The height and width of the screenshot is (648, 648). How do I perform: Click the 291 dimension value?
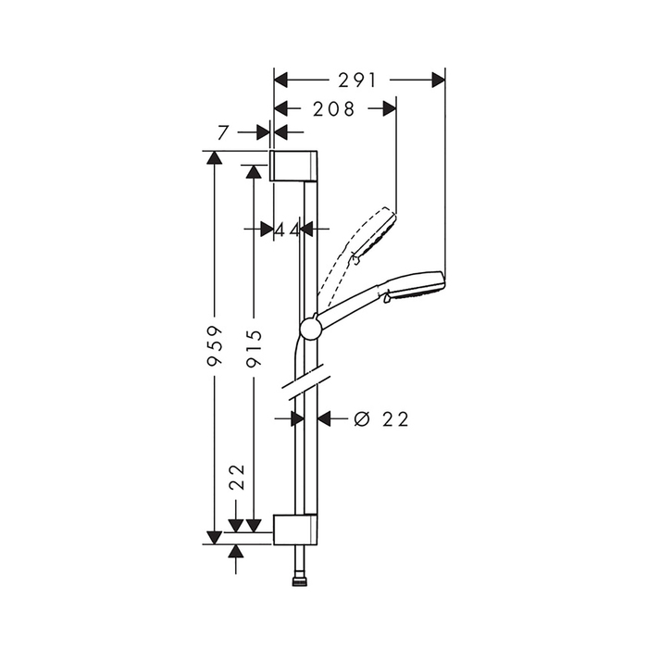[357, 81]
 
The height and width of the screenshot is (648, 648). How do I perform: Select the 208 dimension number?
[334, 109]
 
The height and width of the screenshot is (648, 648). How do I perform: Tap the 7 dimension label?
[223, 132]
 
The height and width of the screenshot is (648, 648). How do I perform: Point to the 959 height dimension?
[215, 346]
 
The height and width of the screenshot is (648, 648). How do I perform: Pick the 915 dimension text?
[254, 348]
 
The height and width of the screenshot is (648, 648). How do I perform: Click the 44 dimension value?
[287, 230]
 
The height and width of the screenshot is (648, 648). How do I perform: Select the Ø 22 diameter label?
[381, 419]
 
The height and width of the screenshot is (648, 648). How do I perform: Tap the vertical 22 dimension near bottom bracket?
[237, 477]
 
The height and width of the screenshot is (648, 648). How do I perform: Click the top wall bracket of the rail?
[293, 166]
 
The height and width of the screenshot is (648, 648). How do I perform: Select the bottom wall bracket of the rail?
[294, 530]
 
